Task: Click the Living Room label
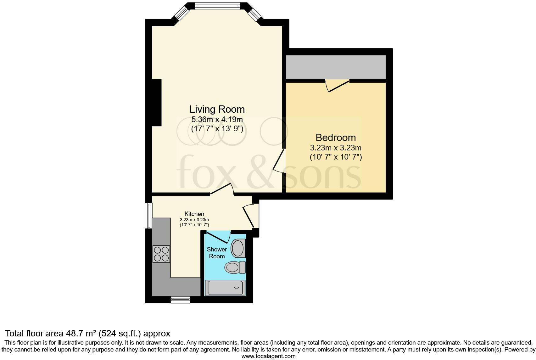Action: (x=217, y=109)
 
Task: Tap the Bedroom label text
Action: (x=336, y=138)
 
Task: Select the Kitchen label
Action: (x=194, y=214)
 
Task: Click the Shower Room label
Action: (x=217, y=253)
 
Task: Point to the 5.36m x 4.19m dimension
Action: (x=217, y=120)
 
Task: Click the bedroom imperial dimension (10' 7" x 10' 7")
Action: (x=336, y=157)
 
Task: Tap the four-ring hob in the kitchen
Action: (x=161, y=254)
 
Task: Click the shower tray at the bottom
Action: (x=225, y=288)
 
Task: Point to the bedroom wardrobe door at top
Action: (x=338, y=86)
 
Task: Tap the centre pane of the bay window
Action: (x=217, y=6)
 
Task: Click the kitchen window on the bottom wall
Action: (x=180, y=300)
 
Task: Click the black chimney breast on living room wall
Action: (x=157, y=103)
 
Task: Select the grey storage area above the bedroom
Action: (x=335, y=67)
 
